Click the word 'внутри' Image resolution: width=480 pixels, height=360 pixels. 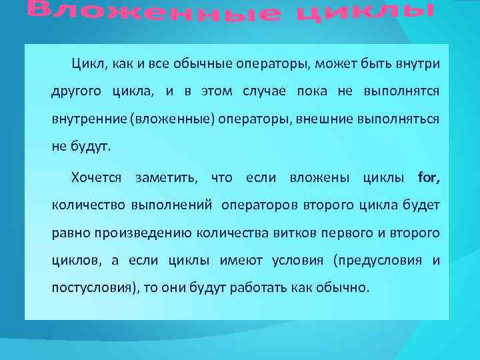pos(417,63)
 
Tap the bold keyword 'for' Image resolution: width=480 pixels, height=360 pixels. pos(428,178)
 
